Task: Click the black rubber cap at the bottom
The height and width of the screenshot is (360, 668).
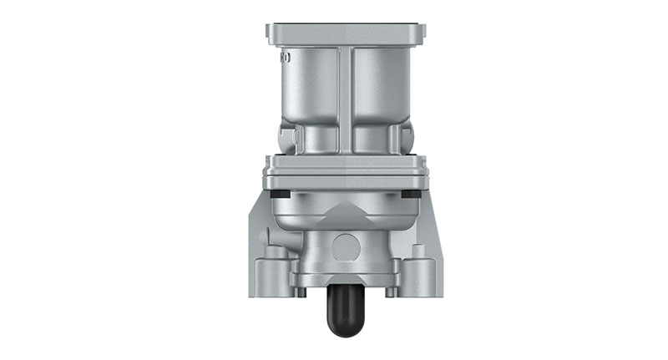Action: click(345, 312)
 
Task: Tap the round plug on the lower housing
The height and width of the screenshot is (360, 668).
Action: click(345, 246)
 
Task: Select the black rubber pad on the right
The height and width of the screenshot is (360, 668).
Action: click(410, 193)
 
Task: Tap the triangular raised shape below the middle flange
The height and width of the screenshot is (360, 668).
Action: click(345, 208)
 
